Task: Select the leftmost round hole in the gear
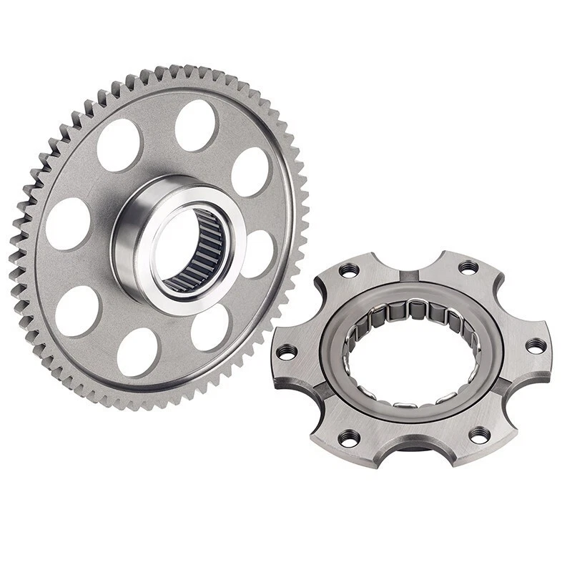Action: pyautogui.click(x=68, y=223)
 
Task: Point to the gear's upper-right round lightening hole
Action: pyautogui.click(x=251, y=172)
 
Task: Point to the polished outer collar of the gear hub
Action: pyautogui.click(x=129, y=243)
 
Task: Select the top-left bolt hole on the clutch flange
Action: pyautogui.click(x=348, y=270)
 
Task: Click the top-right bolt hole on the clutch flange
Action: pyautogui.click(x=468, y=267)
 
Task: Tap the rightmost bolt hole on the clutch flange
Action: pyautogui.click(x=536, y=345)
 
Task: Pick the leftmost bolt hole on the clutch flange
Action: pyautogui.click(x=286, y=351)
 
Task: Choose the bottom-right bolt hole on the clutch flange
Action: pyautogui.click(x=480, y=434)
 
